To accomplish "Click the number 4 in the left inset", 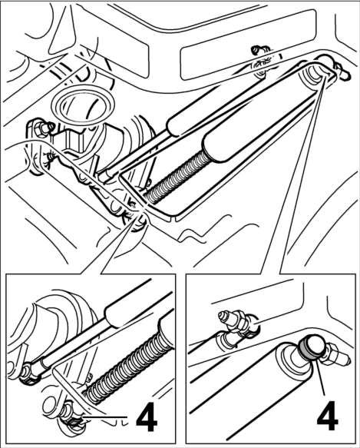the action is [147, 419].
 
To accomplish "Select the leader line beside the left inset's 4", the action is [105, 417].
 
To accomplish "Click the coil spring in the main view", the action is [176, 176].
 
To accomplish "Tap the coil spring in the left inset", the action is [128, 367].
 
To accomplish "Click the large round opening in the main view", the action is [82, 106].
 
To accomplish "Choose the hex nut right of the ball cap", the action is [331, 353].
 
